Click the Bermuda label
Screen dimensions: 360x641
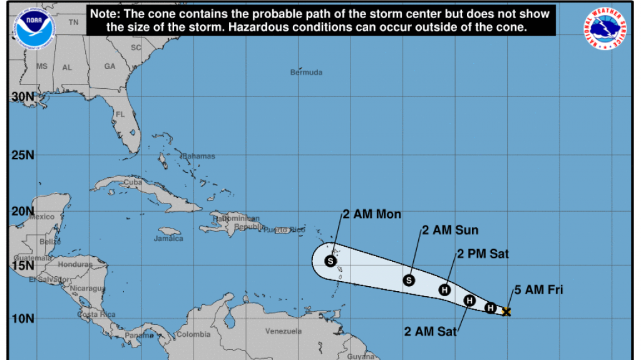tap(307, 73)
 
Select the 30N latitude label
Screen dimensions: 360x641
tap(23, 98)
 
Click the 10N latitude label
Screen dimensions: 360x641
tap(23, 319)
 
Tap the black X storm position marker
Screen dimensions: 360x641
tap(506, 312)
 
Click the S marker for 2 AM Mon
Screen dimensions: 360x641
tap(331, 261)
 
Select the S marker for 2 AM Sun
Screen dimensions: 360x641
tap(409, 280)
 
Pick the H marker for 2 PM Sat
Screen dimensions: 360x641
tap(444, 289)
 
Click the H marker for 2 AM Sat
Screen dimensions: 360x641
tap(469, 301)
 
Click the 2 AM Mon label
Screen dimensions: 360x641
tap(372, 214)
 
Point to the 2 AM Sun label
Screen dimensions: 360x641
tap(450, 230)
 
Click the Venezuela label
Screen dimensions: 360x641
tap(284, 331)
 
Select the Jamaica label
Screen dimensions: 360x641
tap(169, 239)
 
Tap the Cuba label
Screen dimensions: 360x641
tap(131, 182)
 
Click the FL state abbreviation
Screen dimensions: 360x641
tap(120, 115)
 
